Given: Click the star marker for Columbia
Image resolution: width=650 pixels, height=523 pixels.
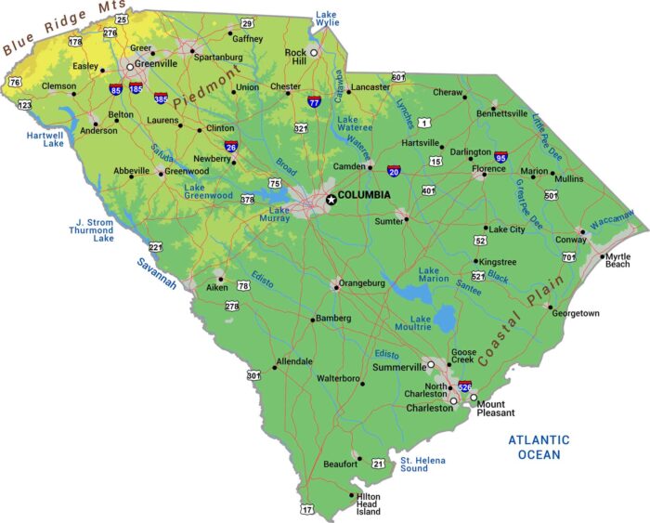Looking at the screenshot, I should click(330, 199).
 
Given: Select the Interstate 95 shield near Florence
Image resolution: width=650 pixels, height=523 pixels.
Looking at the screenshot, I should click(501, 157).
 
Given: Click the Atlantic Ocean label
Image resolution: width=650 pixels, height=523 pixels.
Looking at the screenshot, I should click(539, 447).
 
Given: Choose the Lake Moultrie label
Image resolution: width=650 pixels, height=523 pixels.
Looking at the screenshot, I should click(421, 325).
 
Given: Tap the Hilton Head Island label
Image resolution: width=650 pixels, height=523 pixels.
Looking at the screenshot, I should click(369, 504).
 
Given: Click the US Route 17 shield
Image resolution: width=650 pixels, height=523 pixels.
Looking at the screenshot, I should click(307, 509).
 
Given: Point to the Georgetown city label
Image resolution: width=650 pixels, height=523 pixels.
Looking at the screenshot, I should click(576, 313).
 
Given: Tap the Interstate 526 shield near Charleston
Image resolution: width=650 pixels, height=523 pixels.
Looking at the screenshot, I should click(465, 386).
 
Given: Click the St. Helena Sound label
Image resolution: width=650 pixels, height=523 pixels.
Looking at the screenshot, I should click(422, 464).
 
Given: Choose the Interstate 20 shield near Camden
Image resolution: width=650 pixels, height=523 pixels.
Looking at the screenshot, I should click(394, 172).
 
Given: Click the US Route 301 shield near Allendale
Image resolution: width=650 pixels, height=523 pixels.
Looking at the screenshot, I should click(253, 375).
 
